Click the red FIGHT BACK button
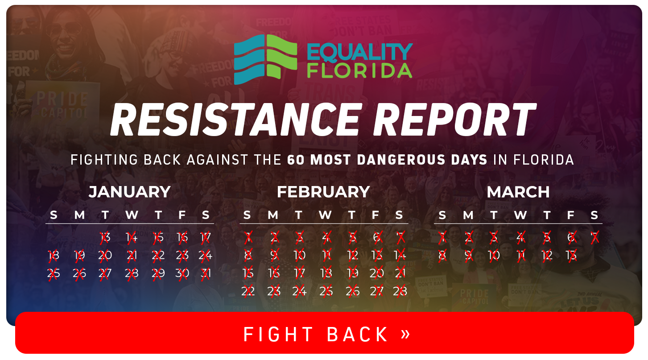pyautogui.click(x=324, y=334)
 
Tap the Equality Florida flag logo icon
pyautogui.click(x=265, y=60)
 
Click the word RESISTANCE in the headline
pyautogui.click(x=235, y=119)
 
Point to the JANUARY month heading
pyautogui.click(x=129, y=192)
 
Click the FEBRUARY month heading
pyautogui.click(x=323, y=192)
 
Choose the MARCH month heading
pyautogui.click(x=518, y=192)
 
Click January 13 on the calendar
pyautogui.click(x=105, y=237)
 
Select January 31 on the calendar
pyautogui.click(x=206, y=273)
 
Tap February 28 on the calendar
pyautogui.click(x=400, y=291)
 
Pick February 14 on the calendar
pyautogui.click(x=400, y=255)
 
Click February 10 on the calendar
pyautogui.click(x=299, y=255)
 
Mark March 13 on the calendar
pyautogui.click(x=571, y=255)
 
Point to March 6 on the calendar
pyautogui.click(x=571, y=237)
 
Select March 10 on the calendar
pyautogui.click(x=494, y=255)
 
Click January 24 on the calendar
pyautogui.click(x=206, y=255)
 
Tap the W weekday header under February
pyautogui.click(x=325, y=215)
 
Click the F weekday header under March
pyautogui.click(x=571, y=215)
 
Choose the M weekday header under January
pyautogui.click(x=79, y=215)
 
